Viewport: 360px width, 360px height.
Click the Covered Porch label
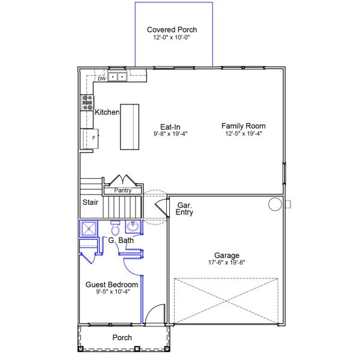click(172, 30)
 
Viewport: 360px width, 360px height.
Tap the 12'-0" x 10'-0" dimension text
click(172, 37)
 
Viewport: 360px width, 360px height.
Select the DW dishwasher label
click(102, 79)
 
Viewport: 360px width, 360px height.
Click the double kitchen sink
click(118, 77)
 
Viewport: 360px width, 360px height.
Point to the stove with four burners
click(88, 103)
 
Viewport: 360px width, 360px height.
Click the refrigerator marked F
click(91, 139)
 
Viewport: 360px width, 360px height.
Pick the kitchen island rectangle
click(130, 127)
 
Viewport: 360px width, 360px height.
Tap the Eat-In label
click(170, 127)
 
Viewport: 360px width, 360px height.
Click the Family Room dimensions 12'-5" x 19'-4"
click(244, 133)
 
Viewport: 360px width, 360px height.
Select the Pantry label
click(123, 190)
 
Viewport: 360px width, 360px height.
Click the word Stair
click(90, 202)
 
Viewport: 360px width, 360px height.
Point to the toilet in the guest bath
click(115, 228)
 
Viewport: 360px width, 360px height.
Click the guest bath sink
click(133, 226)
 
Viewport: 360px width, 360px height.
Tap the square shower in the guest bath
click(89, 229)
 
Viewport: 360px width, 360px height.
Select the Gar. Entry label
click(184, 209)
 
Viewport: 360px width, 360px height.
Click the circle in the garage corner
click(275, 204)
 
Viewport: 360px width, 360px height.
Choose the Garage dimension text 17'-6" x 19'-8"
click(227, 262)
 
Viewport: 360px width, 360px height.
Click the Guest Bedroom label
click(112, 284)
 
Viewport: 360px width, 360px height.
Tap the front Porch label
click(122, 337)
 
